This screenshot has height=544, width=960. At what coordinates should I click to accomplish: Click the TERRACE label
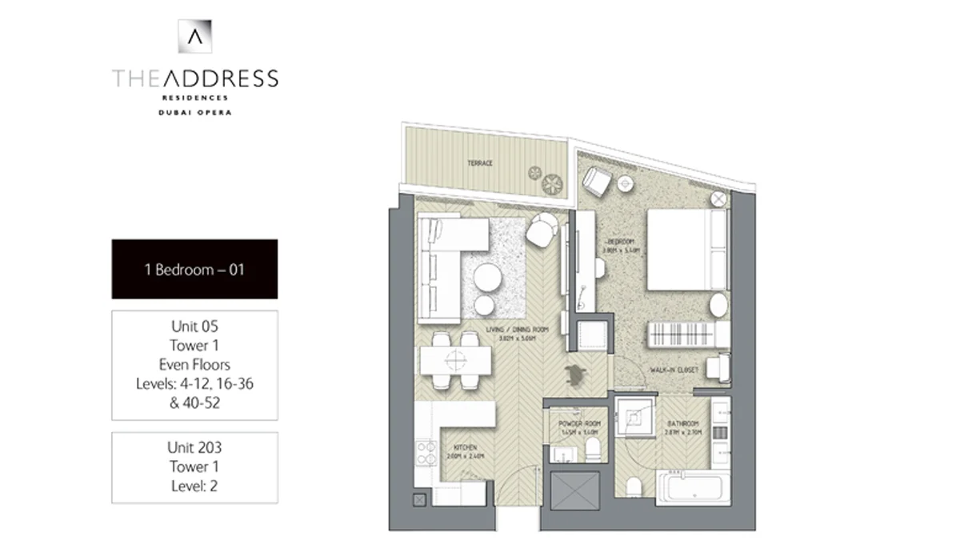[480, 163]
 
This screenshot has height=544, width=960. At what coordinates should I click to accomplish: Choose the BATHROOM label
[684, 423]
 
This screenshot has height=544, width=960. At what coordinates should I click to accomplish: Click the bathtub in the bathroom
[693, 486]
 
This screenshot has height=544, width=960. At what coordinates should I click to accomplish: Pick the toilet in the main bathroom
[634, 486]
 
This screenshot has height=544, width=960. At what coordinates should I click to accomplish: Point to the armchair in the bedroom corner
[595, 183]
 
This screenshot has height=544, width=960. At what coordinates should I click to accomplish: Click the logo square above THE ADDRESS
[195, 36]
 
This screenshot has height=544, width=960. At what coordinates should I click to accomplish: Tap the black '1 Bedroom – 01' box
[194, 269]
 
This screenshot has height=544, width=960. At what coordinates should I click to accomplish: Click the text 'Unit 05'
[194, 326]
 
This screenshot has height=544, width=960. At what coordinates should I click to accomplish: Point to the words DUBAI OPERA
[195, 112]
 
